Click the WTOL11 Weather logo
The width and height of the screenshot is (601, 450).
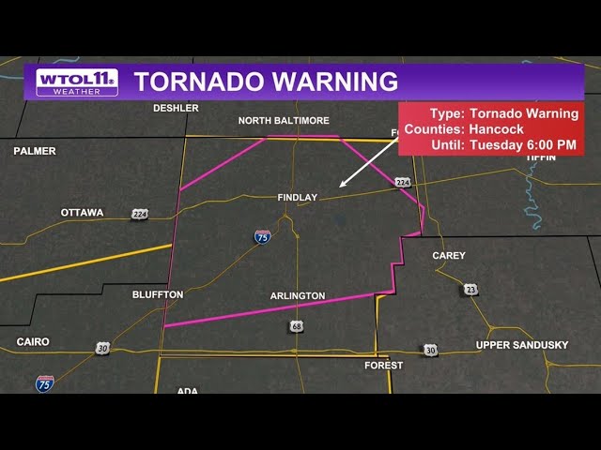[x=77, y=82]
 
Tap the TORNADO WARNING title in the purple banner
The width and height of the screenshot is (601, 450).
[x=266, y=82]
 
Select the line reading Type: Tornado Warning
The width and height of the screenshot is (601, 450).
[x=497, y=113]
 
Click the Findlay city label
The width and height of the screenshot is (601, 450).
[x=298, y=198]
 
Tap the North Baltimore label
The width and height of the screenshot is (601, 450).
[x=284, y=121]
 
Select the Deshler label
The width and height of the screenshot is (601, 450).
[x=176, y=108]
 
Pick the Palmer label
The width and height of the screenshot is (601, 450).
[x=35, y=151]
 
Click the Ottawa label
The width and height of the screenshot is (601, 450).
[x=83, y=213]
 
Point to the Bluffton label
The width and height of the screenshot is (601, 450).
[x=158, y=294]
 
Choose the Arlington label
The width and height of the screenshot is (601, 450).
[x=298, y=296]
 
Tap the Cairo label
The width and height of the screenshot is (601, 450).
[x=33, y=342]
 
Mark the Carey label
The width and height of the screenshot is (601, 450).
[x=449, y=256]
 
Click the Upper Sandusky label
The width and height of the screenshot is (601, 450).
[x=522, y=345]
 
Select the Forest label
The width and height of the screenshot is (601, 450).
[x=384, y=366]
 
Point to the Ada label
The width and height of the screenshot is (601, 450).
[x=187, y=390]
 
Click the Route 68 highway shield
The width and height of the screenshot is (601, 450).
[x=297, y=326]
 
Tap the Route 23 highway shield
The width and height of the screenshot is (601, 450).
[x=470, y=290]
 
